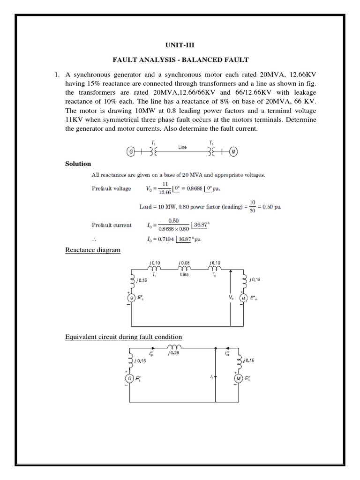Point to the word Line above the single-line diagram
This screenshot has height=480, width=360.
tap(183, 147)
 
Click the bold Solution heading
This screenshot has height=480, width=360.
tap(78, 164)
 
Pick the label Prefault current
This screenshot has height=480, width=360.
tap(112, 225)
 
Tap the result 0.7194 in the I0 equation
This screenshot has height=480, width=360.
tap(169, 239)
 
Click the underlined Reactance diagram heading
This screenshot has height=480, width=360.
tap(93, 250)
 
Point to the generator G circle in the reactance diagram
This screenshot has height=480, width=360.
tap(132, 297)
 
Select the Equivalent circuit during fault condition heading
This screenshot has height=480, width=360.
tap(123, 337)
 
